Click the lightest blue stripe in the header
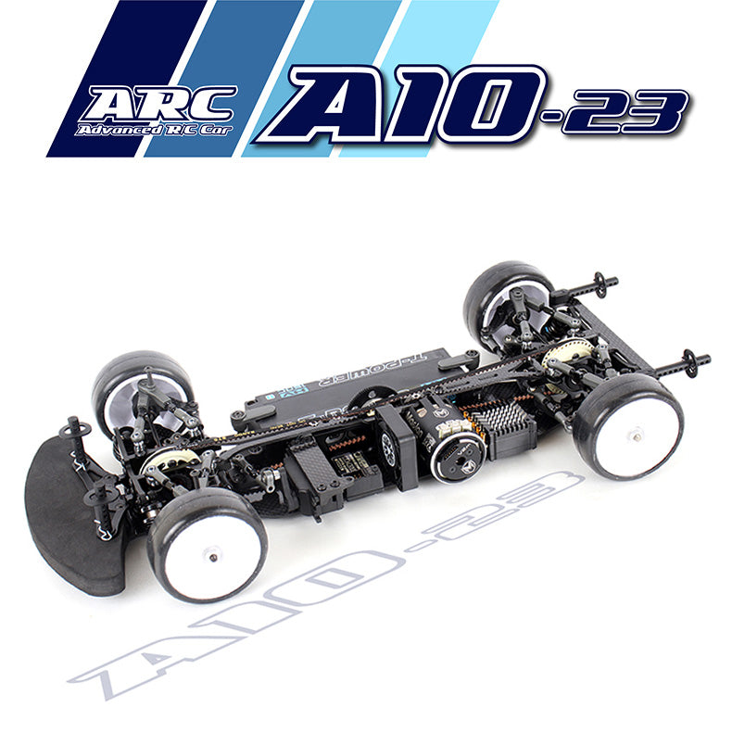coord(435,37)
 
